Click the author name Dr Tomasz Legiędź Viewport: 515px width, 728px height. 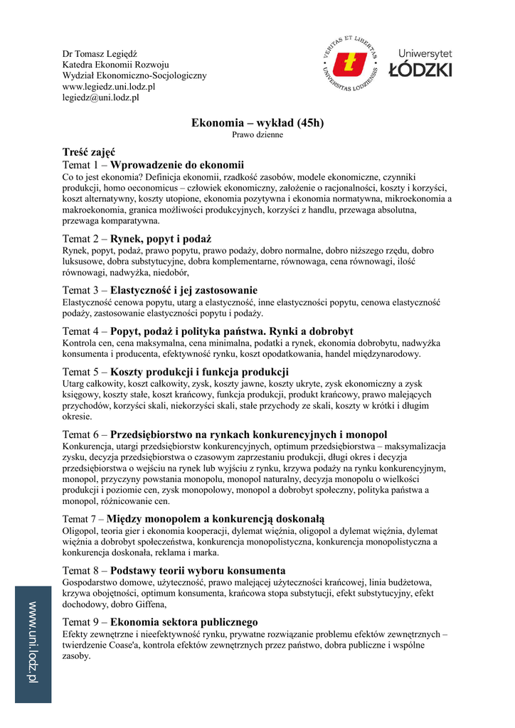click(x=100, y=53)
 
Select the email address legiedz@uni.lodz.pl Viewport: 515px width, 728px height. click(x=100, y=97)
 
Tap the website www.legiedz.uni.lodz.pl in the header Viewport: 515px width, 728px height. click(x=109, y=87)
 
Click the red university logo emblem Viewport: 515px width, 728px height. click(x=350, y=63)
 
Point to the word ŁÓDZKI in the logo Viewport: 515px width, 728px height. click(x=420, y=70)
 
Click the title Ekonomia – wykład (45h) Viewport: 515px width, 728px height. click(x=257, y=123)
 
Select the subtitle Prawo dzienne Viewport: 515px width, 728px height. click(x=257, y=134)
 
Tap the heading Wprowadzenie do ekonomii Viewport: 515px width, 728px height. click(x=177, y=165)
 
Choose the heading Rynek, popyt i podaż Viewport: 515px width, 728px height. click(x=161, y=239)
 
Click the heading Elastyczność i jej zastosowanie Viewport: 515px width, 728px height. click(x=184, y=290)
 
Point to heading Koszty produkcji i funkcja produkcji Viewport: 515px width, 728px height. click(x=199, y=372)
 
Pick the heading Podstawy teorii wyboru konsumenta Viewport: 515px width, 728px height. click(x=198, y=570)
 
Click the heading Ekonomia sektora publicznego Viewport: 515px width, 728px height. click(x=184, y=622)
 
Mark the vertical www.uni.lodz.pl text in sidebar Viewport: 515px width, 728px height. click(x=33, y=643)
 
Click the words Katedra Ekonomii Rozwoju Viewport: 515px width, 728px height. click(x=115, y=65)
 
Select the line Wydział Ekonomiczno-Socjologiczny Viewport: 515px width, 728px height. click(x=134, y=75)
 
